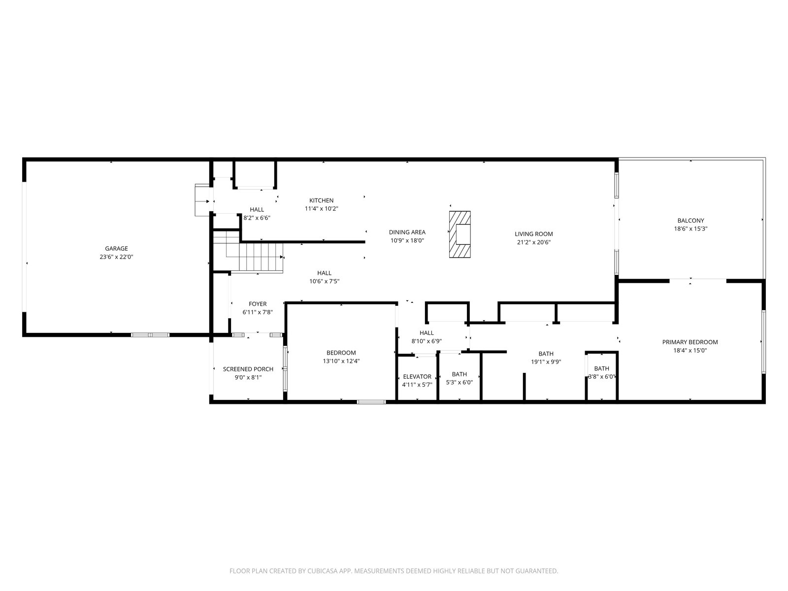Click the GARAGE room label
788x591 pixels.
tap(116, 248)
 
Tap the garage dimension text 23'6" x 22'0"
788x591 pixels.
tap(116, 257)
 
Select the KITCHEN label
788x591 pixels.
tap(321, 200)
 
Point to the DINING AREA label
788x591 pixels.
tap(407, 232)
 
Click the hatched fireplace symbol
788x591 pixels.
tap(460, 234)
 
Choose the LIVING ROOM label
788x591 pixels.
tap(534, 234)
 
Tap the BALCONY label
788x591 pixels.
tap(690, 220)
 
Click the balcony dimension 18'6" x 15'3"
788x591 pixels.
tap(690, 229)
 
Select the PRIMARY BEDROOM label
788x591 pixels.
tap(690, 342)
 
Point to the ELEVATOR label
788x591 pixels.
tap(417, 376)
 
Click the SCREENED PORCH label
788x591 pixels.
tap(248, 369)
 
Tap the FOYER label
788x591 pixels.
tap(258, 304)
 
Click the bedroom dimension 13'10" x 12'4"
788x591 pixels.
tap(341, 361)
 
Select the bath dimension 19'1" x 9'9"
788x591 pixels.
tap(546, 362)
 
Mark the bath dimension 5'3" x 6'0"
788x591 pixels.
tap(460, 383)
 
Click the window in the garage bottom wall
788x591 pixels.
tap(150, 335)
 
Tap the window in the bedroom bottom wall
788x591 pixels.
tap(371, 402)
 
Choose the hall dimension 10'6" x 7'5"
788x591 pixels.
tap(325, 281)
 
